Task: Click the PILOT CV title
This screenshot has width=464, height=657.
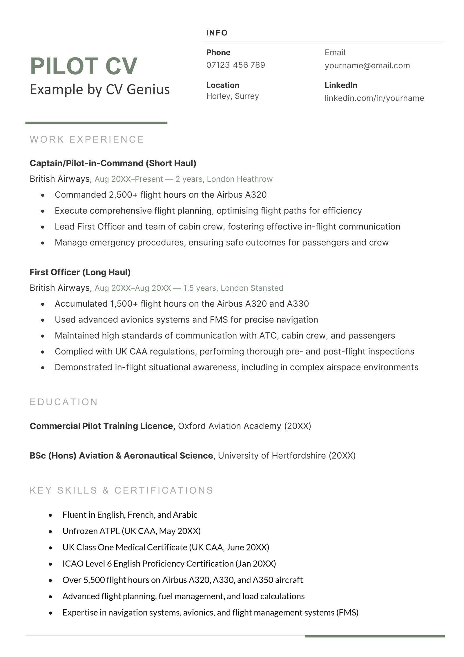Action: (84, 66)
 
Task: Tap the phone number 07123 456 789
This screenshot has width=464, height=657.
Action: (235, 65)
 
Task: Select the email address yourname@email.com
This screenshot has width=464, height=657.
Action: (367, 66)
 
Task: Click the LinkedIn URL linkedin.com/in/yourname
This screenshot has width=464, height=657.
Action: (374, 98)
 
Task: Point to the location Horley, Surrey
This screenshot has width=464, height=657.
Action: (233, 96)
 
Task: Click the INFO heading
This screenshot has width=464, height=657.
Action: (217, 33)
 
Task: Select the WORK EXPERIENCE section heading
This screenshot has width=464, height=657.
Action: (87, 139)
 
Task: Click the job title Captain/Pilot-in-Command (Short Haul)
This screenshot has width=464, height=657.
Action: (113, 163)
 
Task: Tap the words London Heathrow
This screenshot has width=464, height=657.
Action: (240, 179)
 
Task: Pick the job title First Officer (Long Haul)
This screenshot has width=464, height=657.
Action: (80, 272)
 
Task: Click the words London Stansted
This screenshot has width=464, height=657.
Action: (252, 288)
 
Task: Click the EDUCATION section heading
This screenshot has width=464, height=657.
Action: (64, 402)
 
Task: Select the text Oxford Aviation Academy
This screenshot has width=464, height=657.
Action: (229, 426)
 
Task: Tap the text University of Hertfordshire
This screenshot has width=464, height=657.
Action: (272, 456)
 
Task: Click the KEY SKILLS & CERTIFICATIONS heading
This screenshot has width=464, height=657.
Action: (122, 490)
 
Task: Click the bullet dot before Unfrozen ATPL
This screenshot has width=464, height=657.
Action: (50, 532)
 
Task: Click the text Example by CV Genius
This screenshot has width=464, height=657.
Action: (100, 89)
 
